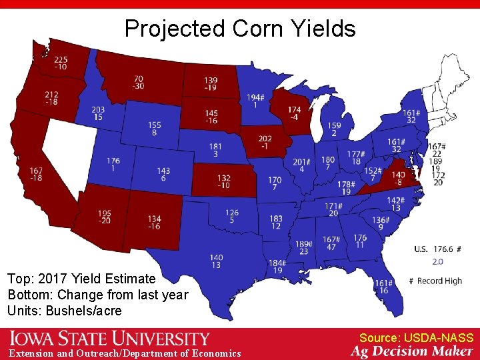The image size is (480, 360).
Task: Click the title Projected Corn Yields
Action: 240,29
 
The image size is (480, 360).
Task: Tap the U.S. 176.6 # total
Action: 437,249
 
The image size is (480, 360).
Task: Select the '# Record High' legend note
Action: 435,281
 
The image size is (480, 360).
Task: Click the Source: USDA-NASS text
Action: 416,339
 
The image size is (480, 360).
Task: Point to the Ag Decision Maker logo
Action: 412,351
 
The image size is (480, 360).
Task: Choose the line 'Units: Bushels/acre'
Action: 65,311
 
